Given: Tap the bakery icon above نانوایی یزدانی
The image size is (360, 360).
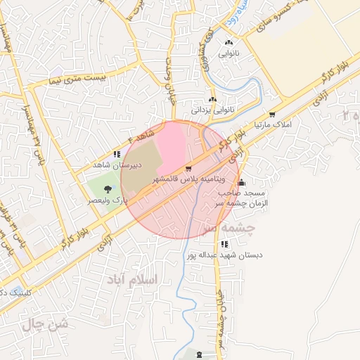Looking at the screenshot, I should pos(212,100).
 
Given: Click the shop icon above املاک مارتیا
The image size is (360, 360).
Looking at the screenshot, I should pos(272,115).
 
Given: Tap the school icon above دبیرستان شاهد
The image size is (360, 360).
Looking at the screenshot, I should pos(117,154).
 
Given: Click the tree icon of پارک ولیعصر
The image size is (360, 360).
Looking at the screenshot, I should pos(107,188).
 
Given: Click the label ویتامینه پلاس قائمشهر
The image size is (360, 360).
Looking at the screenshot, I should pos(188,181).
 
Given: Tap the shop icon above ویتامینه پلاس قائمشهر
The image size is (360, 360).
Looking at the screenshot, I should pos(188,169).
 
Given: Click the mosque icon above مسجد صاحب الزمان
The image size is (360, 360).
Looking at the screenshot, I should pos(242,183).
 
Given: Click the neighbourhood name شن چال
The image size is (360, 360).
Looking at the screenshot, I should pos(44,323).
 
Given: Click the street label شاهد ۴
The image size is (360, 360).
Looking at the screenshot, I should pos(138,134).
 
